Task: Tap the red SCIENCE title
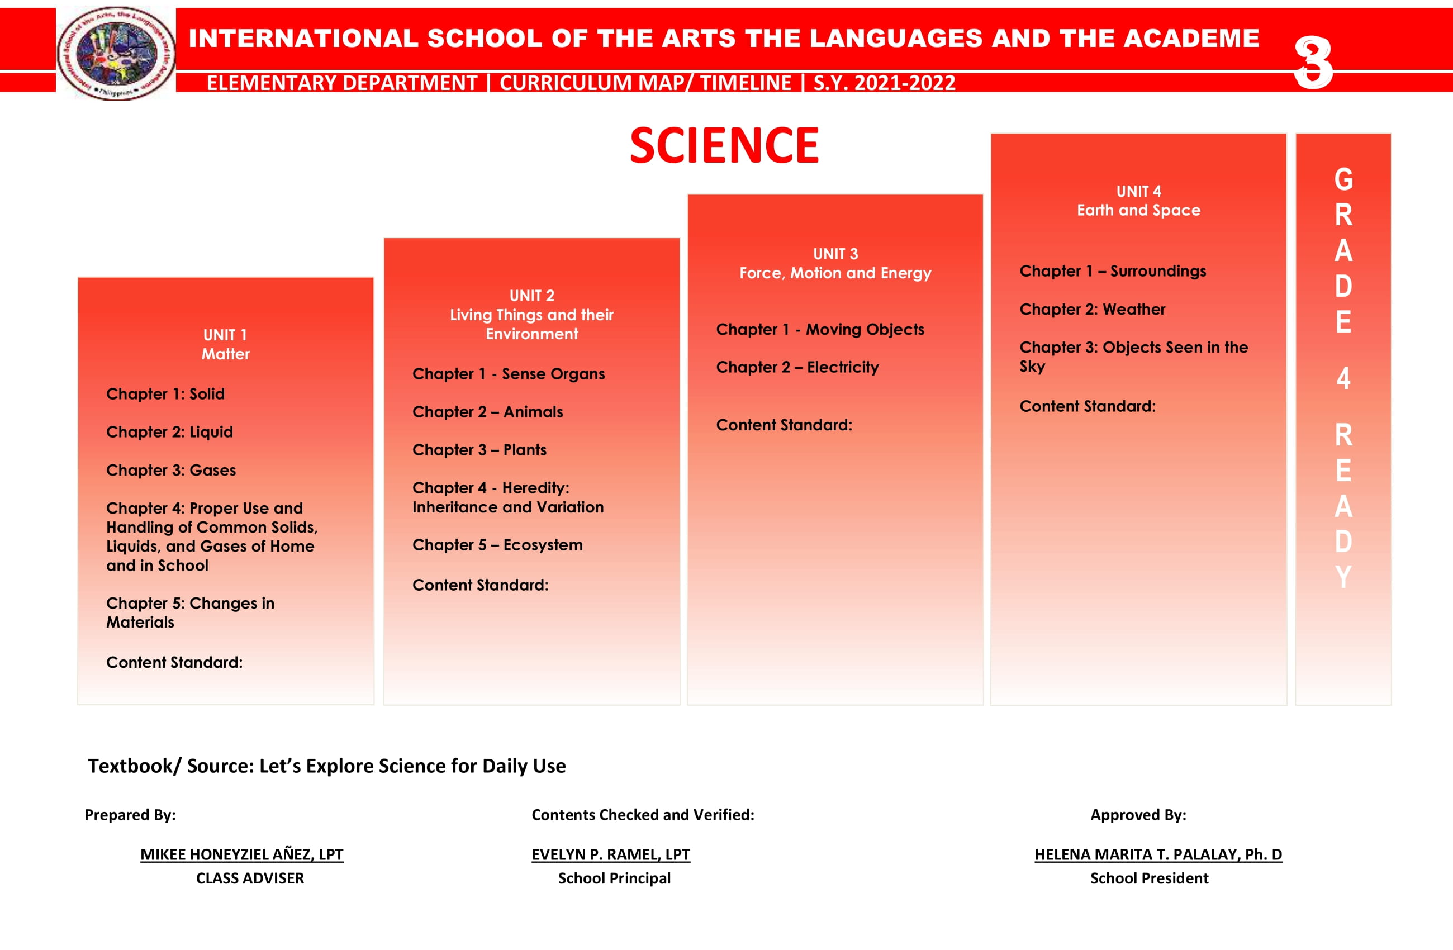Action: click(724, 145)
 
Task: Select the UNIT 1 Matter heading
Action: click(225, 344)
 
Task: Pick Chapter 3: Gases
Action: click(171, 470)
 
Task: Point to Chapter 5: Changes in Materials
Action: click(190, 612)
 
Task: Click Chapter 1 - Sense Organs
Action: click(508, 374)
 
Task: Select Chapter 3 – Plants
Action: click(479, 450)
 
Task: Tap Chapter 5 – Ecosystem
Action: click(497, 545)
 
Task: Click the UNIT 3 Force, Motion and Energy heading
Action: click(834, 263)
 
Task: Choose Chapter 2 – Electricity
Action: click(797, 367)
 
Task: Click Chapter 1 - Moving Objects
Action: click(819, 329)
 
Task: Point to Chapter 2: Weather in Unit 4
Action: click(1091, 310)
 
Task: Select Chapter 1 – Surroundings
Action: click(1112, 271)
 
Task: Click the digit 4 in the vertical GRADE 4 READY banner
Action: click(1343, 378)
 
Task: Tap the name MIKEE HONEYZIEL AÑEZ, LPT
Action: click(242, 854)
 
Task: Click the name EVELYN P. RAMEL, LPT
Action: click(610, 854)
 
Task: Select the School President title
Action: click(1149, 878)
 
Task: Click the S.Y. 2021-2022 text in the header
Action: click(884, 82)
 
